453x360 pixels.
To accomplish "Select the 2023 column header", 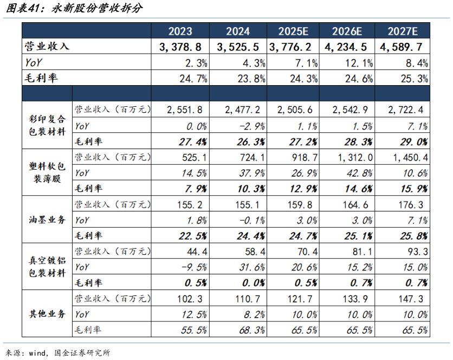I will click(x=180, y=31).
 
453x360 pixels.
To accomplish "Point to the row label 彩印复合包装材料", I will click(x=47, y=125).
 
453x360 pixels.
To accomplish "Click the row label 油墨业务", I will click(x=47, y=220).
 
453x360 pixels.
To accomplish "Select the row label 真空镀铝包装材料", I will click(x=47, y=267).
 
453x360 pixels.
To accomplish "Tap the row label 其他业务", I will click(x=47, y=314).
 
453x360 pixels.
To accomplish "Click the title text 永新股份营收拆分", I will click(x=95, y=9).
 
